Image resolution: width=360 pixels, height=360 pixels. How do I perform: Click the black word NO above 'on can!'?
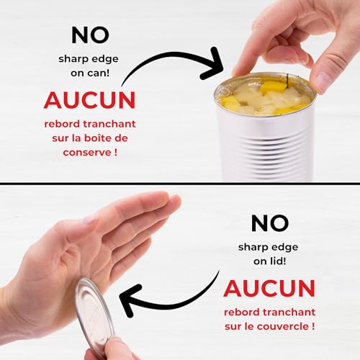point(90,35)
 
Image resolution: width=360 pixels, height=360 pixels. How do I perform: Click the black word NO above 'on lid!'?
point(270,223)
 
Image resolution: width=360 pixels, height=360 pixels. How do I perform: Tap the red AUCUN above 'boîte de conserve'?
point(90,100)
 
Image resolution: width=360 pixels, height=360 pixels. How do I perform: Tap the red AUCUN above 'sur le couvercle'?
point(269,288)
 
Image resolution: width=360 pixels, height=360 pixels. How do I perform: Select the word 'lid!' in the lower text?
point(278,261)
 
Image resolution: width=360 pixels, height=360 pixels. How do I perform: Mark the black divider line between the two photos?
point(180,184)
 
